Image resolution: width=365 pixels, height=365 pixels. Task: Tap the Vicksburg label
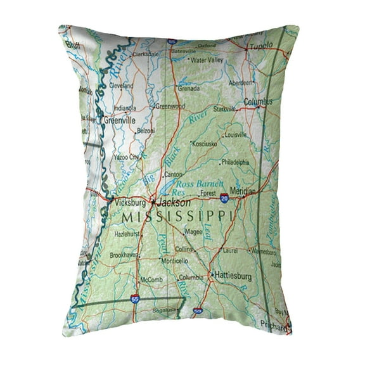[132, 203]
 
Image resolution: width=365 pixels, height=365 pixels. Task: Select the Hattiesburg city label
[233, 276]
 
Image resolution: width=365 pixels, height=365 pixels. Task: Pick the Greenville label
[120, 118]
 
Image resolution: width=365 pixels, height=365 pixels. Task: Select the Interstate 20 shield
[225, 198]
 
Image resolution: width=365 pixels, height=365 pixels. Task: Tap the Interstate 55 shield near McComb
[134, 298]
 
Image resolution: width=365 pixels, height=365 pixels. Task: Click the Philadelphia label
[235, 162]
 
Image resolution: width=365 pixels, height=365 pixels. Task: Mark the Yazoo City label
[125, 157]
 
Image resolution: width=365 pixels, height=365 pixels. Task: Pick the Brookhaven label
[124, 254]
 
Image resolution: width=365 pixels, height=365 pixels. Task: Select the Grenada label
[189, 89]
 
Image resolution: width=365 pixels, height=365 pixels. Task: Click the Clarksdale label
[146, 54]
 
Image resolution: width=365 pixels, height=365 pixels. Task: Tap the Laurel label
[231, 250]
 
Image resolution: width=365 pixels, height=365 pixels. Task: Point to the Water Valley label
[207, 60]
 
